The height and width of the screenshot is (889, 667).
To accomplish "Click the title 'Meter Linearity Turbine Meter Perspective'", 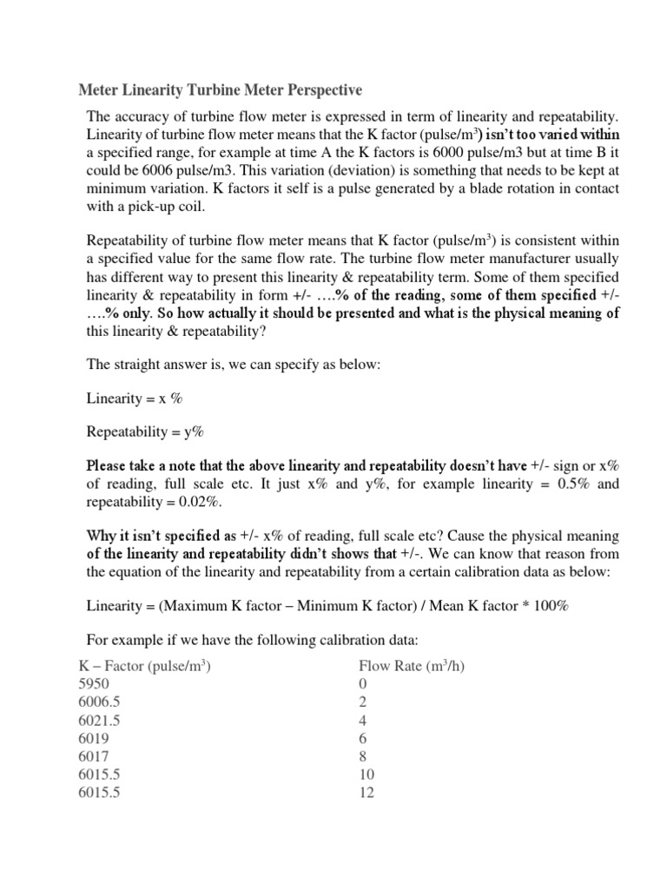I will pos(221,90).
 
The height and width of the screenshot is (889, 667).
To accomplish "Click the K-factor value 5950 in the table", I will pos(95,683).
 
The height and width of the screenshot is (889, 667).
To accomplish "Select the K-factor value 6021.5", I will pos(101,720).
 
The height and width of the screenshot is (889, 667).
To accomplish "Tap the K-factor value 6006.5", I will pos(101,701).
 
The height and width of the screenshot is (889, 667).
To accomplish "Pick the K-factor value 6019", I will pos(95,738).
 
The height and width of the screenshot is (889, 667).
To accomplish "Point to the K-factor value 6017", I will pos(95,756).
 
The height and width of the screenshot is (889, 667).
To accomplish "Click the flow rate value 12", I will pos(367,793).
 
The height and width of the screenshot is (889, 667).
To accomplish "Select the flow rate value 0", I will pos(363,683).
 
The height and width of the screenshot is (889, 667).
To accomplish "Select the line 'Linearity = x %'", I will pos(135,398).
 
